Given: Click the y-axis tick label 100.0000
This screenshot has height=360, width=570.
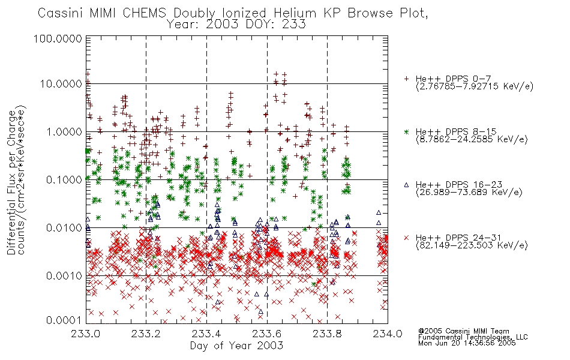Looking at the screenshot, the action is click(58, 38).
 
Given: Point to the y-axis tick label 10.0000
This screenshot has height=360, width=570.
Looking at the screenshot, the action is click(61, 84).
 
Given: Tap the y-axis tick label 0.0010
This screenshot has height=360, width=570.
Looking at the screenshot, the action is click(64, 276).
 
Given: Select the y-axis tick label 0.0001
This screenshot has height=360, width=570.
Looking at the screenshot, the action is click(64, 320).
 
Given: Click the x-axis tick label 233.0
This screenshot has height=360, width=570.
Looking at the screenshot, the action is click(86, 334).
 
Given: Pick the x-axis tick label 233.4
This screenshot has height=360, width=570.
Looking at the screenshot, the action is click(206, 334).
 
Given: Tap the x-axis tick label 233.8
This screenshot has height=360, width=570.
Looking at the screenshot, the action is click(327, 334).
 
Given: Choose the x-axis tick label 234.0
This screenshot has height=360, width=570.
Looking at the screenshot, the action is click(388, 334).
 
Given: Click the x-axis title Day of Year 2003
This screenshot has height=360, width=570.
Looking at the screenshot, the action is click(236, 346).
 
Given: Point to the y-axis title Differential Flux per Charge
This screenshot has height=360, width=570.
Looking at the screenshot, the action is click(12, 182).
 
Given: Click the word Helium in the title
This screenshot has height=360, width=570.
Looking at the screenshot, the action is click(295, 13).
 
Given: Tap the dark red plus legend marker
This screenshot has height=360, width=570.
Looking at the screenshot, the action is click(406, 79).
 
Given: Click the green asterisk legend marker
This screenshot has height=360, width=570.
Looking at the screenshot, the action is click(406, 131).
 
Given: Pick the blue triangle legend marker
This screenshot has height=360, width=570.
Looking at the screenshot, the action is click(406, 185).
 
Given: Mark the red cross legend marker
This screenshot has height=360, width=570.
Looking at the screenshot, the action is click(406, 238).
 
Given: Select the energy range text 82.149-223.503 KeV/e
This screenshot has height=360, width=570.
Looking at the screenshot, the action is click(472, 245).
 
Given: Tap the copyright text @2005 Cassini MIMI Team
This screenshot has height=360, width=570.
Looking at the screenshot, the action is click(464, 331).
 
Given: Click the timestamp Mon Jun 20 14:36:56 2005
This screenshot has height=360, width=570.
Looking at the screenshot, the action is click(467, 343).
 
